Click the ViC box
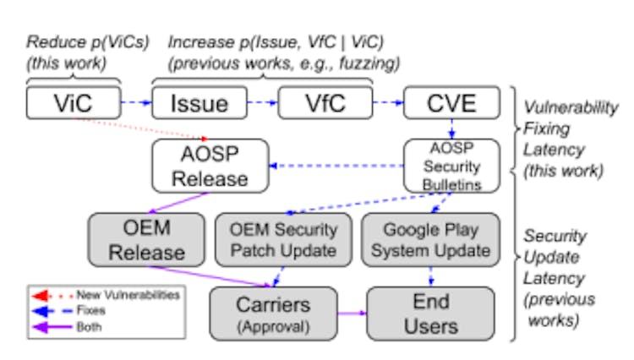(x=73, y=103)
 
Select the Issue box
(x=199, y=103)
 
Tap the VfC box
(x=325, y=103)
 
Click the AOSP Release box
(x=210, y=166)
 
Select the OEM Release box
(x=146, y=240)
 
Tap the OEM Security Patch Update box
(x=283, y=240)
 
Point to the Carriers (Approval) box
(x=273, y=314)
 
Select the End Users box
(x=430, y=314)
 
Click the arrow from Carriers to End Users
(x=351, y=314)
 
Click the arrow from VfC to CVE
(x=387, y=104)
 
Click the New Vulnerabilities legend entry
(x=127, y=294)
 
